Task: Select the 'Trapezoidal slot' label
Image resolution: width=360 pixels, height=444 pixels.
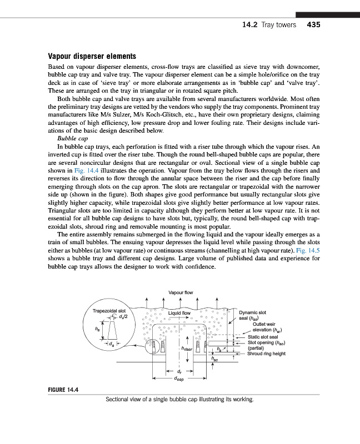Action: coord(109,310)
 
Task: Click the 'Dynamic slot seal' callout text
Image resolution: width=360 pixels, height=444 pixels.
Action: coord(254,315)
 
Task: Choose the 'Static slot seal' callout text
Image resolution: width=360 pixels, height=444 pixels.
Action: coord(263,336)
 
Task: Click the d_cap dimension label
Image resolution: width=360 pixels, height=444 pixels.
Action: coord(179,380)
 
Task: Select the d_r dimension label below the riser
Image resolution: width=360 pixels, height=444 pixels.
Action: coord(179,372)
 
